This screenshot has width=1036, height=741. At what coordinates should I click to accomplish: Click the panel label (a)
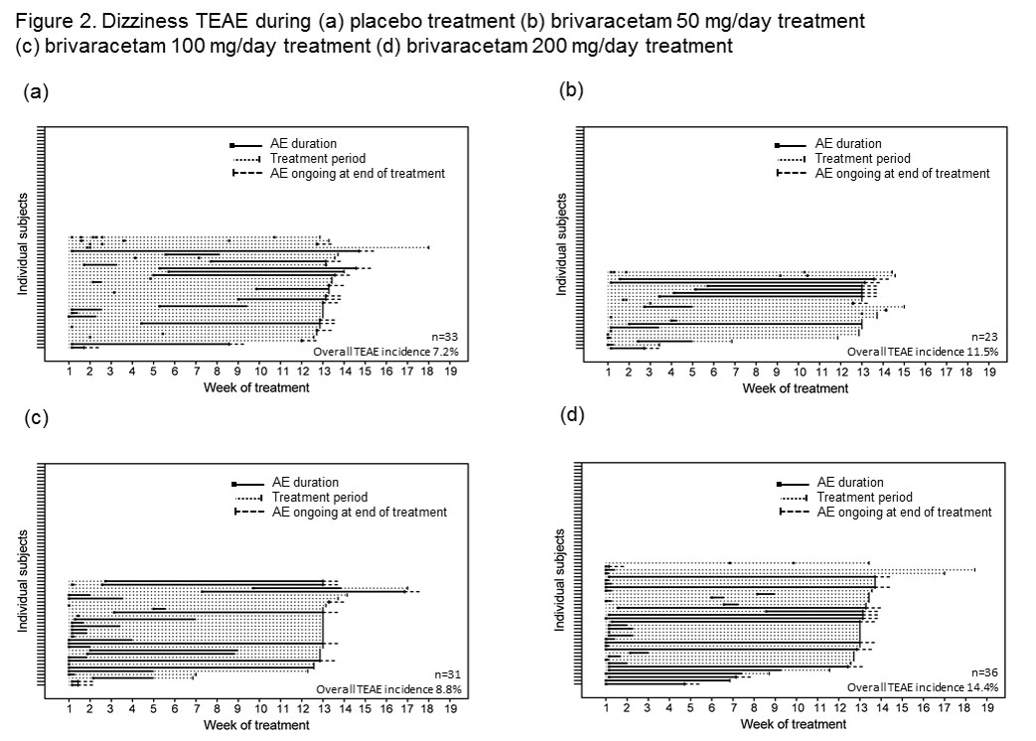point(36,93)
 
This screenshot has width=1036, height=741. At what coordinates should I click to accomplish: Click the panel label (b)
point(572,90)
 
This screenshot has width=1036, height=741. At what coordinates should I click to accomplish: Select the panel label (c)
point(36,418)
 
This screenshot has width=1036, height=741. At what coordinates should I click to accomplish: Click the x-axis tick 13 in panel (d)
point(859,707)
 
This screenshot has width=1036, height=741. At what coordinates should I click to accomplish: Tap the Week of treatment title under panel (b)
point(796,387)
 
